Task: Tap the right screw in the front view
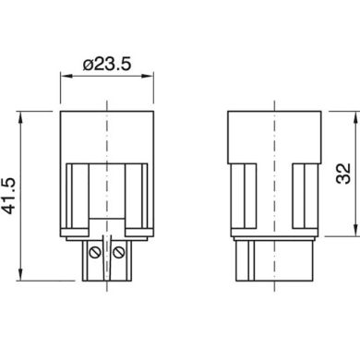coord(121,250)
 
